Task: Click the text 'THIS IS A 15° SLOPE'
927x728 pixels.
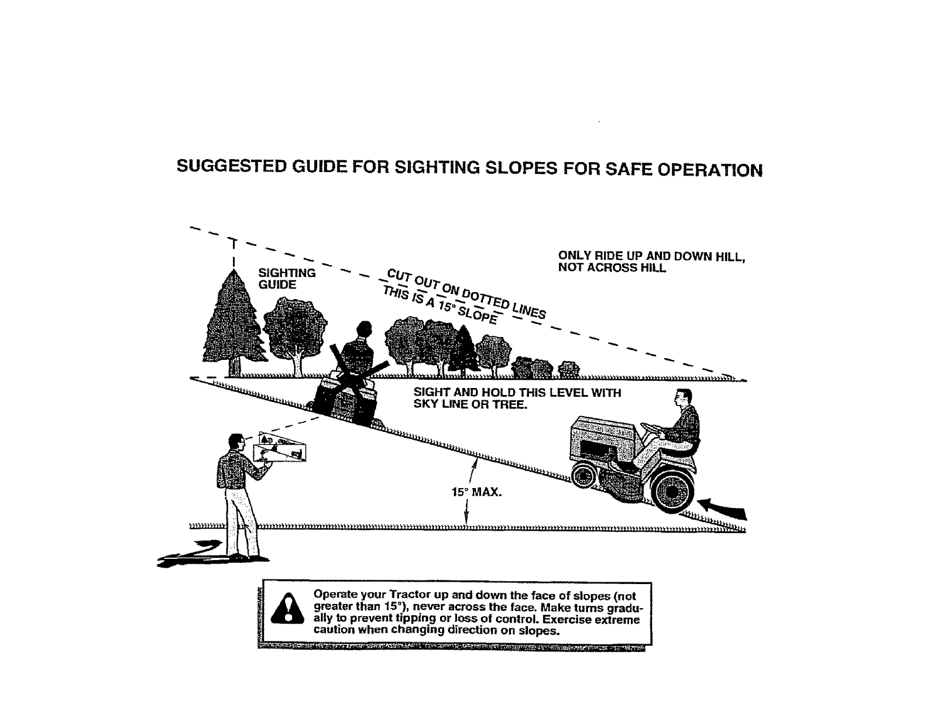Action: pos(440,306)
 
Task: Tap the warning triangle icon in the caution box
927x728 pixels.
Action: pos(287,612)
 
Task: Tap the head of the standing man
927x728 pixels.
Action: pos(235,442)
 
